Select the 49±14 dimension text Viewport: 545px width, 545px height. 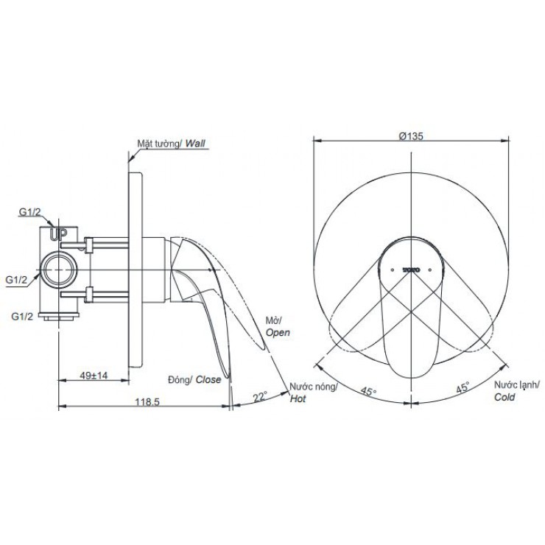click(x=94, y=376)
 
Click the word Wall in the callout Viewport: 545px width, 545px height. click(x=196, y=144)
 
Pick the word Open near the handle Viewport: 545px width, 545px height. click(x=278, y=332)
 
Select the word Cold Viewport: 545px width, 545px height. click(x=505, y=396)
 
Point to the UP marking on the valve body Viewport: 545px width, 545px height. click(x=58, y=235)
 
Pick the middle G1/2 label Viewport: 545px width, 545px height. click(x=17, y=279)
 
